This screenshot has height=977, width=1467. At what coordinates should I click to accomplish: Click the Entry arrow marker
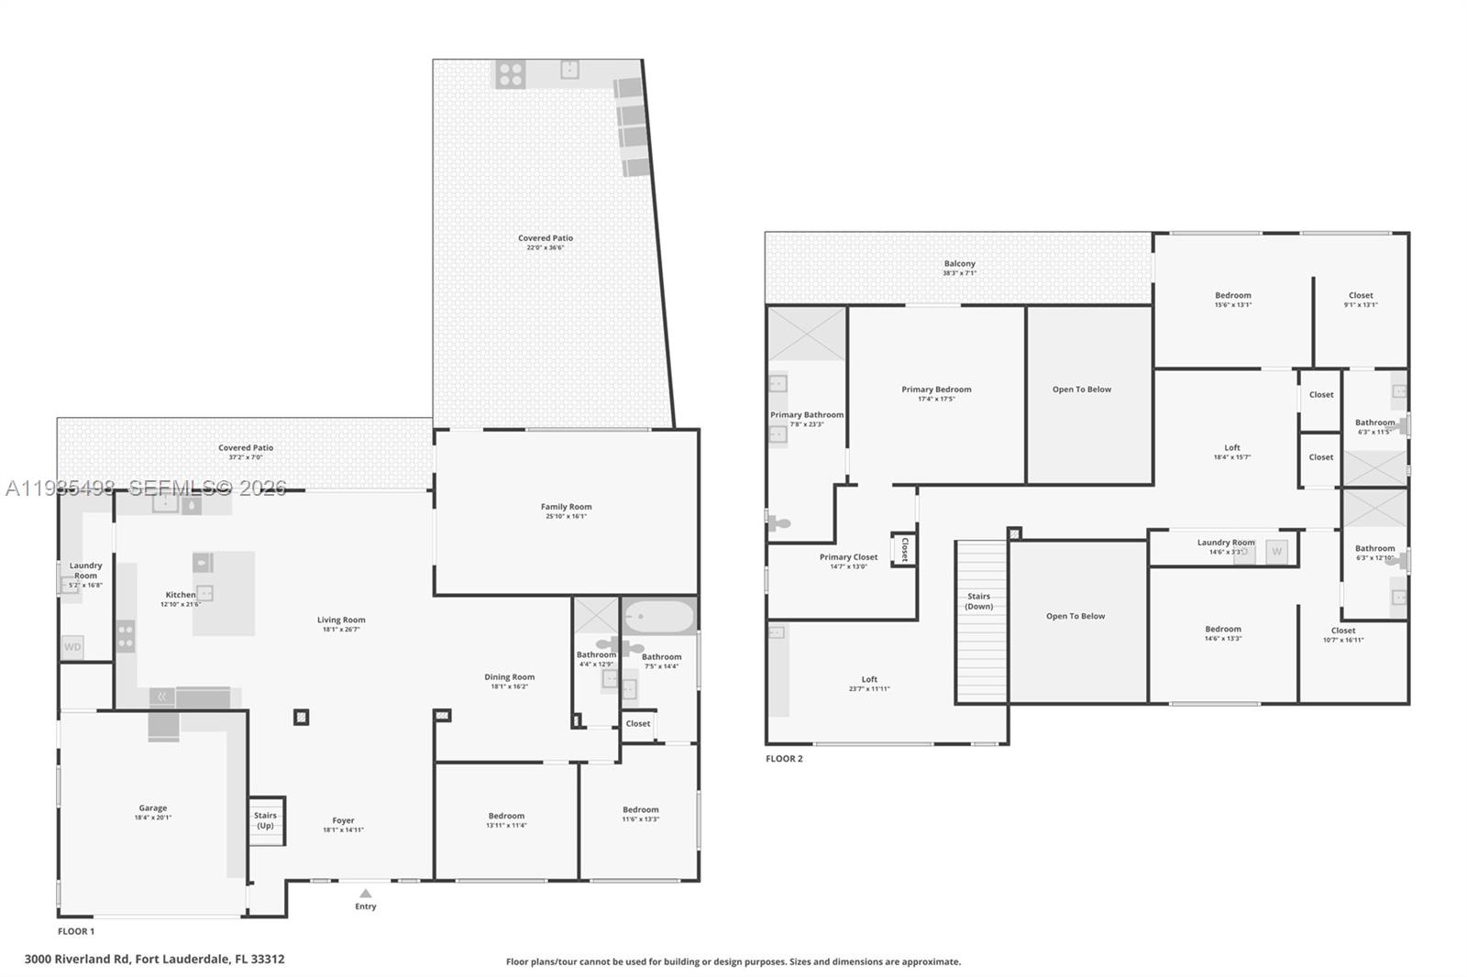click(366, 893)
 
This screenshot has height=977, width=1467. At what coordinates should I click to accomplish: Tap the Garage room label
click(153, 808)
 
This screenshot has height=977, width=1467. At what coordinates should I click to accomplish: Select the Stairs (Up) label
click(265, 820)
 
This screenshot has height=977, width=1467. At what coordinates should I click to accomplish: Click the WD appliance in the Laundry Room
click(72, 647)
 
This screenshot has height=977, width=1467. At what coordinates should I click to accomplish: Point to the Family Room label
click(566, 507)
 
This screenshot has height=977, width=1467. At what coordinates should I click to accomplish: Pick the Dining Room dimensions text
click(509, 686)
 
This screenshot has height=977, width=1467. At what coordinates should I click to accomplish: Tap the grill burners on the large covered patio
click(511, 74)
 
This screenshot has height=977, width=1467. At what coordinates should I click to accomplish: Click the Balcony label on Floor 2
click(959, 264)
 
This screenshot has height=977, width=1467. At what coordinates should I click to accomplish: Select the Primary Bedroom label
click(936, 390)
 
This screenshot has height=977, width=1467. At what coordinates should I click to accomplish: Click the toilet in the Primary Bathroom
click(778, 523)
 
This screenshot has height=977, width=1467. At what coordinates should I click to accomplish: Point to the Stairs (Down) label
click(978, 601)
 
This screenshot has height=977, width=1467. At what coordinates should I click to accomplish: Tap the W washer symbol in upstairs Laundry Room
click(1276, 552)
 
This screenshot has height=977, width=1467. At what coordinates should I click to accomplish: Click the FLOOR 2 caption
click(784, 759)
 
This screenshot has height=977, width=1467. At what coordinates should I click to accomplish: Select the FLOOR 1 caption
click(76, 931)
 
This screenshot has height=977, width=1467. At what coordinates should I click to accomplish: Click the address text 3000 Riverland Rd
click(154, 960)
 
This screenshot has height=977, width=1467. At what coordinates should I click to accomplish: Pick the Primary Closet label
click(848, 557)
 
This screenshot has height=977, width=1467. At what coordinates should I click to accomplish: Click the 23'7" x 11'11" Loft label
click(868, 684)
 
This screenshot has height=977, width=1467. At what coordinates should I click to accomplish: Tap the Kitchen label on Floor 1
click(181, 595)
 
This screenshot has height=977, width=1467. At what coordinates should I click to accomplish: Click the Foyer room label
click(343, 821)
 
